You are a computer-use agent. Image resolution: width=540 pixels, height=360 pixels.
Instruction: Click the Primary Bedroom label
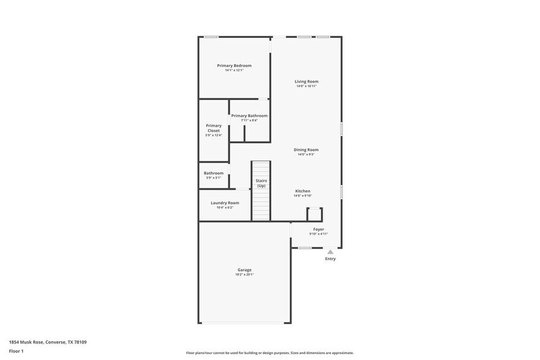click(234, 66)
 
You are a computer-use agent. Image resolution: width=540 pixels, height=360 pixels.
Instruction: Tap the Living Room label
click(306, 81)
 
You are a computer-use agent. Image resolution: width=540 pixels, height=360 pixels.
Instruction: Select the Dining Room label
click(306, 149)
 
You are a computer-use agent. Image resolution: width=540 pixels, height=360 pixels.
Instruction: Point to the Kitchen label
click(302, 191)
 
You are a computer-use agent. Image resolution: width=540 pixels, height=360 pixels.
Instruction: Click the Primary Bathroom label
click(249, 116)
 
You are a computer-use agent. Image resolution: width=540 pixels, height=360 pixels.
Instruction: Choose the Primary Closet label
click(214, 128)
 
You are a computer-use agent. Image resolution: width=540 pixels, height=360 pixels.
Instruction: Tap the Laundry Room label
click(225, 203)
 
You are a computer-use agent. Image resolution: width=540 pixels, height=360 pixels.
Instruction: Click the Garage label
click(244, 269)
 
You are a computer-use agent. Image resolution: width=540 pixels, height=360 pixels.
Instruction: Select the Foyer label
click(318, 229)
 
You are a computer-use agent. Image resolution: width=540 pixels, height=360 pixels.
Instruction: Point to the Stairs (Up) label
click(261, 183)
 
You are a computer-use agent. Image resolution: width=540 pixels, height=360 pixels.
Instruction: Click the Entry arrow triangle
click(330, 252)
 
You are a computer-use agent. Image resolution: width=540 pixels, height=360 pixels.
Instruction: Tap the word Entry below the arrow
click(330, 259)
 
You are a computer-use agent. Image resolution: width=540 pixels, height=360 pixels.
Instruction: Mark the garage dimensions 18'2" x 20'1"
click(244, 274)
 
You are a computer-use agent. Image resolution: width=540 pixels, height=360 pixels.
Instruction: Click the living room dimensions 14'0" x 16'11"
click(306, 86)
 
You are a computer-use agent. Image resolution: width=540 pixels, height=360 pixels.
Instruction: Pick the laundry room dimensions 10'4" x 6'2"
click(225, 208)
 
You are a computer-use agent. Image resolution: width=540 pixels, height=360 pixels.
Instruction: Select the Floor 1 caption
click(16, 351)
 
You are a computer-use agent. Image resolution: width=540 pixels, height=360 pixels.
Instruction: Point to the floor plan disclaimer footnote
click(269, 353)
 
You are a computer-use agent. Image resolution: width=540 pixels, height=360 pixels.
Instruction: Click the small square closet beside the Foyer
click(314, 214)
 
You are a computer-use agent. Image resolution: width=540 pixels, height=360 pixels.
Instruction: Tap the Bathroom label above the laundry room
click(214, 173)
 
